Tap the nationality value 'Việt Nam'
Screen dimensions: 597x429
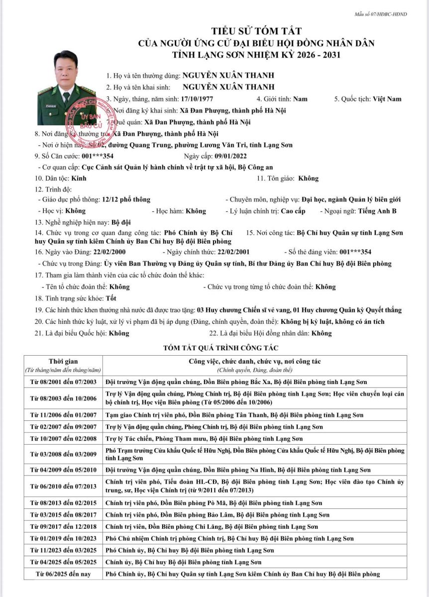point(387,99)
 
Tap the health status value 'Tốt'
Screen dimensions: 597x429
point(112,298)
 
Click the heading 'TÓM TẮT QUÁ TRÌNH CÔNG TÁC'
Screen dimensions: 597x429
point(214,348)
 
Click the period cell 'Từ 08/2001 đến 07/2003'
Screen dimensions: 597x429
point(63,382)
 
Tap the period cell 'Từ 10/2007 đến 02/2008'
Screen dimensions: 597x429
point(63,439)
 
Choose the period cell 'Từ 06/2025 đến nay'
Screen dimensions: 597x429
point(63,574)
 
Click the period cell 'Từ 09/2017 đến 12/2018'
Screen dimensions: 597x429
point(63,527)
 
